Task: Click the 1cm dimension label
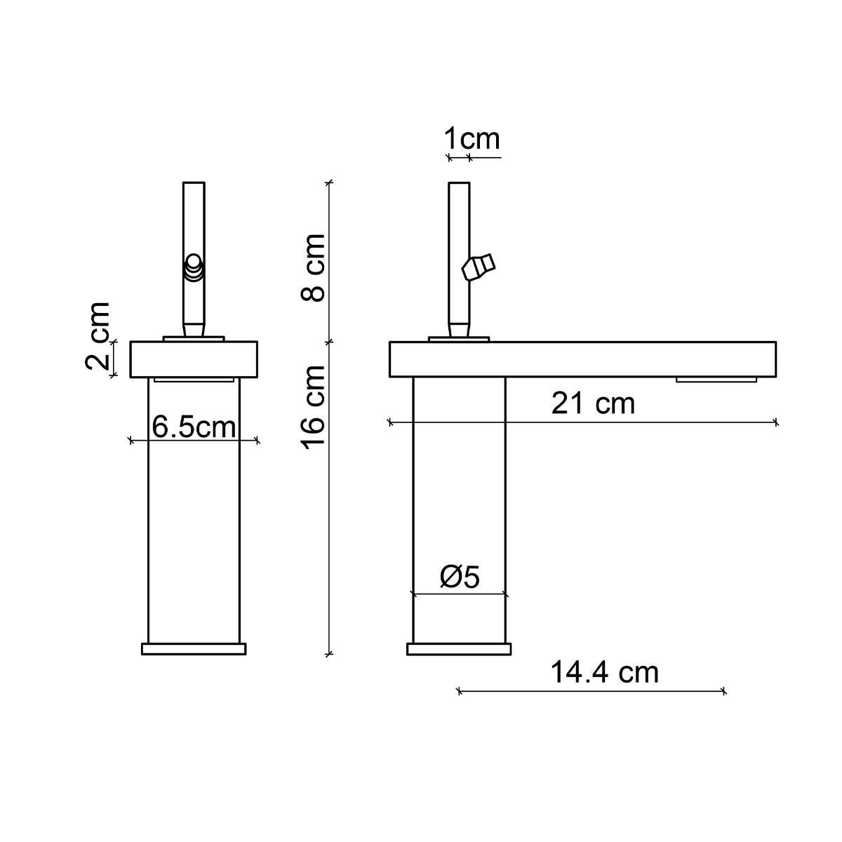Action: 472,139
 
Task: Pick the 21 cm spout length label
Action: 593,403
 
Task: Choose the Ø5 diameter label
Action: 460,577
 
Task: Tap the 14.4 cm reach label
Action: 604,672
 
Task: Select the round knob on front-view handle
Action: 193,268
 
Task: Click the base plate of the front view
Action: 194,649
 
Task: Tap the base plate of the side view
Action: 459,649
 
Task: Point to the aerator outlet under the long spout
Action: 716,380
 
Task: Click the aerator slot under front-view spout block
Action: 194,380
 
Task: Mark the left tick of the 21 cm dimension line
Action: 390,422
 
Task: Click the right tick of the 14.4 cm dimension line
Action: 724,692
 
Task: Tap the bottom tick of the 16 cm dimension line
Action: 329,654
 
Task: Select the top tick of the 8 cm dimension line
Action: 329,182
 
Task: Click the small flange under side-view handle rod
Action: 459,340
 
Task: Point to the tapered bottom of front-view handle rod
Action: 194,329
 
